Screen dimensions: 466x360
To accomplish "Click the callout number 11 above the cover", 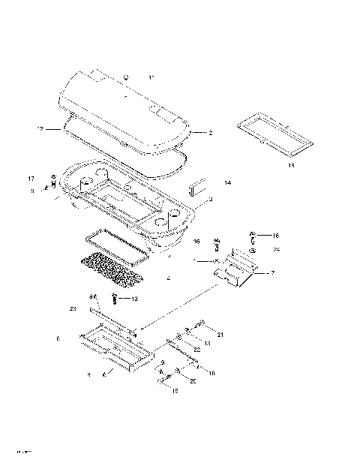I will click(x=151, y=77).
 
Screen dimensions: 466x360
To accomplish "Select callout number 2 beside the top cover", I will click(x=210, y=133).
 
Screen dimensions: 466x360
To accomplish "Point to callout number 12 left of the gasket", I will click(x=40, y=129).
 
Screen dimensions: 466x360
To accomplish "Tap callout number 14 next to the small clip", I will click(x=227, y=182).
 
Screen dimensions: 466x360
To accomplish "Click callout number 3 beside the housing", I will click(x=211, y=199).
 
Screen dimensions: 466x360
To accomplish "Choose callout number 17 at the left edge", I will click(x=31, y=179).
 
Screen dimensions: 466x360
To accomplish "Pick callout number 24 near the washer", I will click(x=277, y=249).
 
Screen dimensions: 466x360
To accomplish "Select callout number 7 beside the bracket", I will click(x=272, y=272).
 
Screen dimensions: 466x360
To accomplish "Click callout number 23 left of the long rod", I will click(x=73, y=308).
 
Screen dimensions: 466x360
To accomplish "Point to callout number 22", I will click(x=197, y=349).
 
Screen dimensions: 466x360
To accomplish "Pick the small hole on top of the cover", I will click(x=126, y=77).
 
